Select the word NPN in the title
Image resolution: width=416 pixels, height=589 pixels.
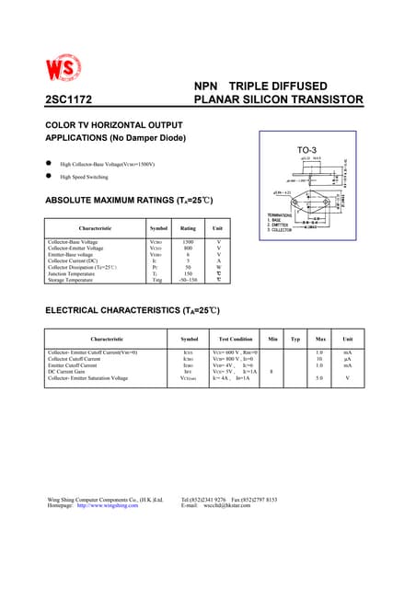[207, 86]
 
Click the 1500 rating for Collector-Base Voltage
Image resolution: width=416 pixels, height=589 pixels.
[188, 241]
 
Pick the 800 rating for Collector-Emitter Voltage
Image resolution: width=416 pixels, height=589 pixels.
[188, 248]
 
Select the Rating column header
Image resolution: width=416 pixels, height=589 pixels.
[188, 227]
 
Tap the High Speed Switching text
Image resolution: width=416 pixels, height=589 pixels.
[85, 177]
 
